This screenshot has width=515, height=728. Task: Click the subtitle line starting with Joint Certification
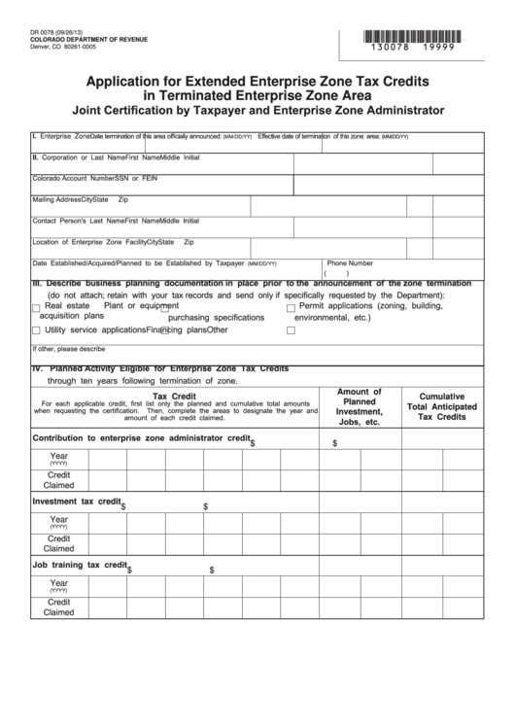click(x=257, y=110)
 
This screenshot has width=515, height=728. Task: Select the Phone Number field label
click(x=350, y=262)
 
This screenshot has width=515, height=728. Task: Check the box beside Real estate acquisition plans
click(x=36, y=307)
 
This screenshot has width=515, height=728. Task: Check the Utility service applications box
click(x=36, y=330)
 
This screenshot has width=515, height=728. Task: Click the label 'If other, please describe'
click(x=68, y=348)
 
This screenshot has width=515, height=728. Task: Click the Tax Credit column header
click(x=176, y=397)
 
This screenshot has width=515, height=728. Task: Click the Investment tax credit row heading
click(x=77, y=503)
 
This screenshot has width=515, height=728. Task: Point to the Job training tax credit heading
click(x=81, y=564)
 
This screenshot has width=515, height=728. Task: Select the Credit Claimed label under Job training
click(x=58, y=607)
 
